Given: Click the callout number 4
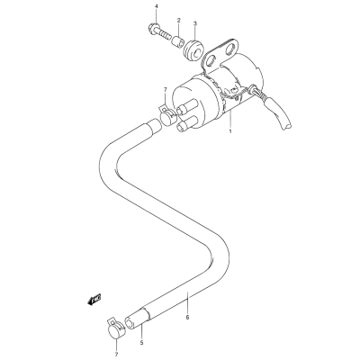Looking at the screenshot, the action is tap(156, 6).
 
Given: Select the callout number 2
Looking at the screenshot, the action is tap(179, 21).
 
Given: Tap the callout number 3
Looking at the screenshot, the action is tap(194, 23).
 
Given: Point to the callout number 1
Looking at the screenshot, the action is tap(230, 131).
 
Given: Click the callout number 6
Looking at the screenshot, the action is tap(187, 317).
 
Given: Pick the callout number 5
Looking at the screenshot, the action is tap(142, 342).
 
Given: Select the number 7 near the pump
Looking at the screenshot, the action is tap(165, 89).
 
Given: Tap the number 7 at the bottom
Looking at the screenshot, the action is tap(116, 355).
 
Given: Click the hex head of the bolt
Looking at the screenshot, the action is tap(154, 29).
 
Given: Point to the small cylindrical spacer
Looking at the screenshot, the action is tap(177, 40).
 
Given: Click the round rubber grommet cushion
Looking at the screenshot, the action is tap(193, 49).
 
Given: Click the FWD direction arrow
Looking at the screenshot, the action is tap(94, 300).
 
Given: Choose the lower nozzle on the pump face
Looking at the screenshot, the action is tap(184, 125).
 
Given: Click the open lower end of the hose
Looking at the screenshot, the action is tap(130, 325).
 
